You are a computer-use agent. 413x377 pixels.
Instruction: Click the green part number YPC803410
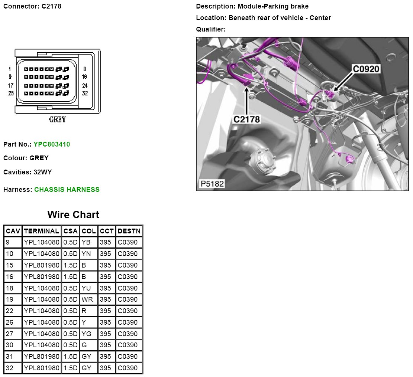coord(52,144)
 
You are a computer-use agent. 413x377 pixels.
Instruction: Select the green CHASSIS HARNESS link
coord(67,190)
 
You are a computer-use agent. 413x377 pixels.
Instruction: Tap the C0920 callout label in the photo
coord(366,69)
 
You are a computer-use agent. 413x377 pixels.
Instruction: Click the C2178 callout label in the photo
coord(246,119)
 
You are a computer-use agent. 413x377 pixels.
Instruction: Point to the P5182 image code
coord(212,184)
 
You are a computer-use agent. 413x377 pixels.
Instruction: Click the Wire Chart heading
coord(73,214)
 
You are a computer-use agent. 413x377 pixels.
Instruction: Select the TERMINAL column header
coord(42,231)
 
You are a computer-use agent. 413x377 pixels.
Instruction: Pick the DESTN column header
coord(129,231)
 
